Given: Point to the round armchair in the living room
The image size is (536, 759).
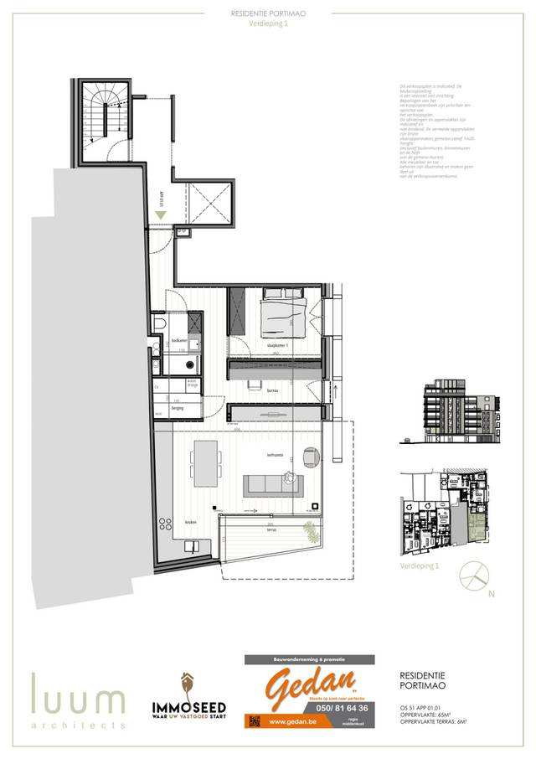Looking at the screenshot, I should [x=311, y=458].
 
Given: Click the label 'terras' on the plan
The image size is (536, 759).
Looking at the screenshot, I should [x=271, y=530].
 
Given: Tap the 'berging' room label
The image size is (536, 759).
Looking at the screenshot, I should [x=177, y=408].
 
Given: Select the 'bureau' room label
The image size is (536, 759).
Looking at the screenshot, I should [x=272, y=390].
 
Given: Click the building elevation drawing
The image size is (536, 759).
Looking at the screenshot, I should [x=458, y=408].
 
